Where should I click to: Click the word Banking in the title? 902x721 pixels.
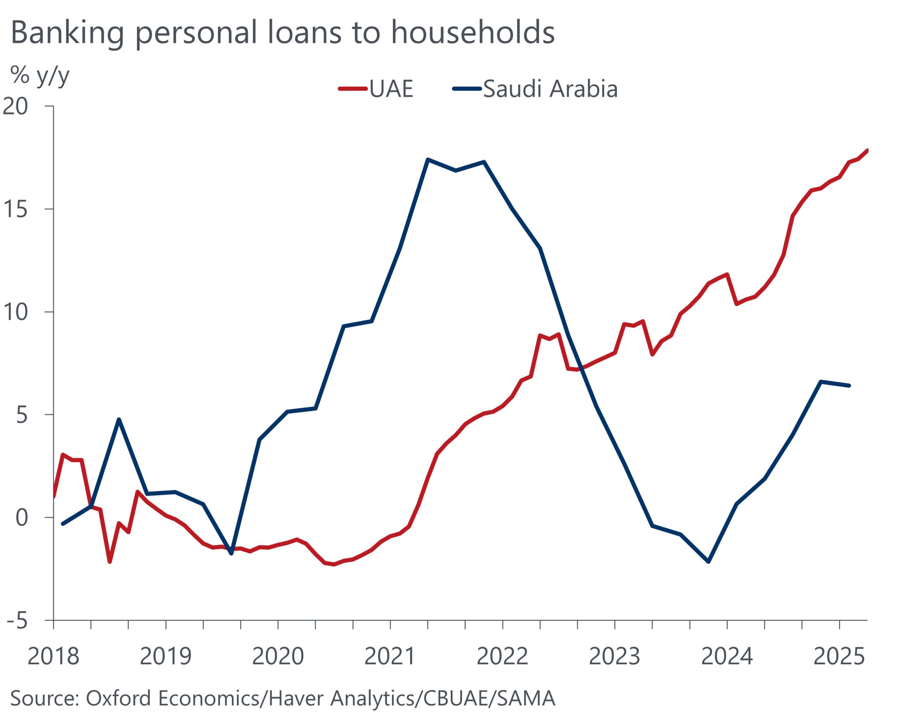[x=67, y=33]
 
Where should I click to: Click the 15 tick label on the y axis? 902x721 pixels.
[x=16, y=209]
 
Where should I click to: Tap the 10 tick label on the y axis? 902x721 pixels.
[x=16, y=312]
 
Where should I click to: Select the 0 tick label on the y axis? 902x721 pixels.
[x=21, y=518]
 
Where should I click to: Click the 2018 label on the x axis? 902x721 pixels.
[x=53, y=656]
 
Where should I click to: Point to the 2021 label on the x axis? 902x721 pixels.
[x=390, y=656]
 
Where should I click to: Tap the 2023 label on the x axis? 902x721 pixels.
[x=614, y=656]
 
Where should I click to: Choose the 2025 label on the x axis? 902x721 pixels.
[x=839, y=656]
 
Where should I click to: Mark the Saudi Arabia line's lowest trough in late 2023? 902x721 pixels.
[x=709, y=562]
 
